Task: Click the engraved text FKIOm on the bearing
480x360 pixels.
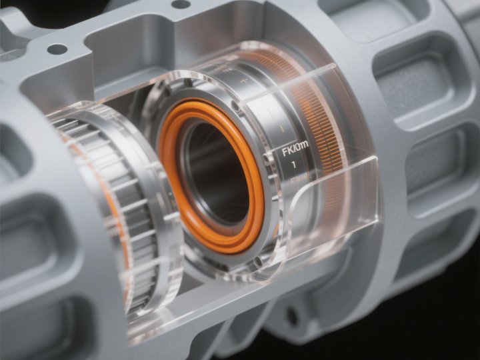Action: click(294, 151)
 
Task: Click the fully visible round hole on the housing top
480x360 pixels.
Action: click(57, 49)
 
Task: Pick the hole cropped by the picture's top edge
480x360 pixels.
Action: click(181, 4)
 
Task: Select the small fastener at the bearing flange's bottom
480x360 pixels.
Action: click(257, 261)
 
